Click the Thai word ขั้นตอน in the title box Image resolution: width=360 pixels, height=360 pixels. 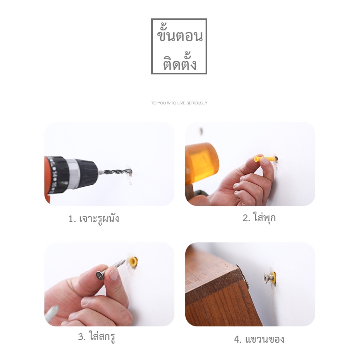[180, 35]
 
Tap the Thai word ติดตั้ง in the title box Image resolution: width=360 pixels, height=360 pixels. [180, 62]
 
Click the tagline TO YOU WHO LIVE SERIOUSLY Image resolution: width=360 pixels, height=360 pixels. [179, 103]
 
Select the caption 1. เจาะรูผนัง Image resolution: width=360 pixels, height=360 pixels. [94, 219]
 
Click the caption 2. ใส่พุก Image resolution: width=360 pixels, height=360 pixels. [259, 217]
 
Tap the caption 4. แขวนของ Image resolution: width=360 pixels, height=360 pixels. [259, 339]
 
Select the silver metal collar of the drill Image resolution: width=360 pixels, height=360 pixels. [74, 174]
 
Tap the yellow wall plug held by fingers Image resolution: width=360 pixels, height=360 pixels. [264, 158]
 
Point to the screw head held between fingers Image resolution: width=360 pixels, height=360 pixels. [100, 275]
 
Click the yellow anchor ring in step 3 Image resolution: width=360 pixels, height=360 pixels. [133, 261]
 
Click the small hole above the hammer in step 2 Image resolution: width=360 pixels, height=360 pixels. [201, 131]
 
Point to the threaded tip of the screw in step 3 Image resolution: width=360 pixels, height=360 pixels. [122, 262]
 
